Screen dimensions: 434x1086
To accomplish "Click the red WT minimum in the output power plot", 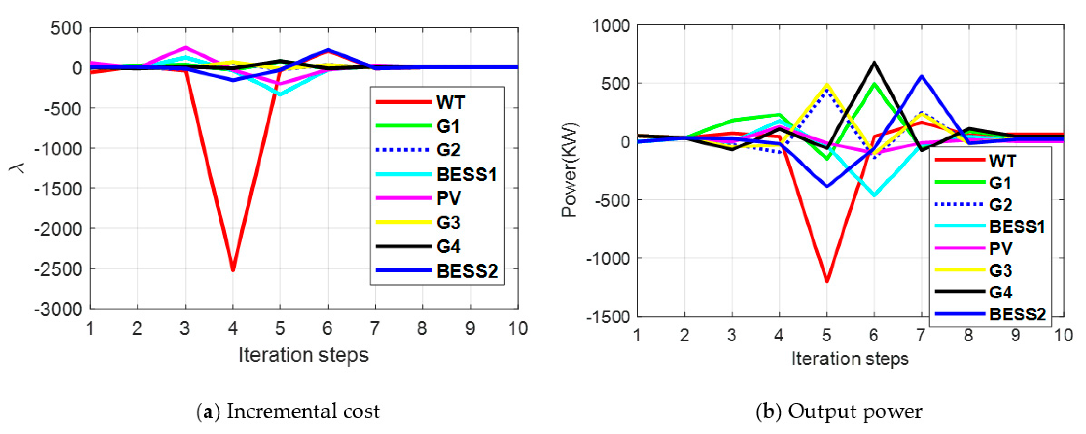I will [827, 281].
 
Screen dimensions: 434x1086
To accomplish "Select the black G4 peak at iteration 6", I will [874, 63].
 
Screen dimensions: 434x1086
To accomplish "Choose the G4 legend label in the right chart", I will [1000, 292].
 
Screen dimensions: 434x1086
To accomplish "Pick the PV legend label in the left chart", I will [449, 198].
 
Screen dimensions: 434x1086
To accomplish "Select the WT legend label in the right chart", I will [1003, 161].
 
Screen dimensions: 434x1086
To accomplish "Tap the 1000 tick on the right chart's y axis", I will [611, 26].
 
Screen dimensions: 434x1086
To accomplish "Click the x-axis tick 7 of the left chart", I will [375, 328].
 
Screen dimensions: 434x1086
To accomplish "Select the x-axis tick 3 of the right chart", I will [732, 335].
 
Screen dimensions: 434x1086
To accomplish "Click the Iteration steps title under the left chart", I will [303, 355].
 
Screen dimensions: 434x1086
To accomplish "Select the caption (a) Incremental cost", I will [288, 411].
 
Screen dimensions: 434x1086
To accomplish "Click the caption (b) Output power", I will [839, 411].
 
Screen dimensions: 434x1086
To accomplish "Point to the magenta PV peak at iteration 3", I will [185, 48].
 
